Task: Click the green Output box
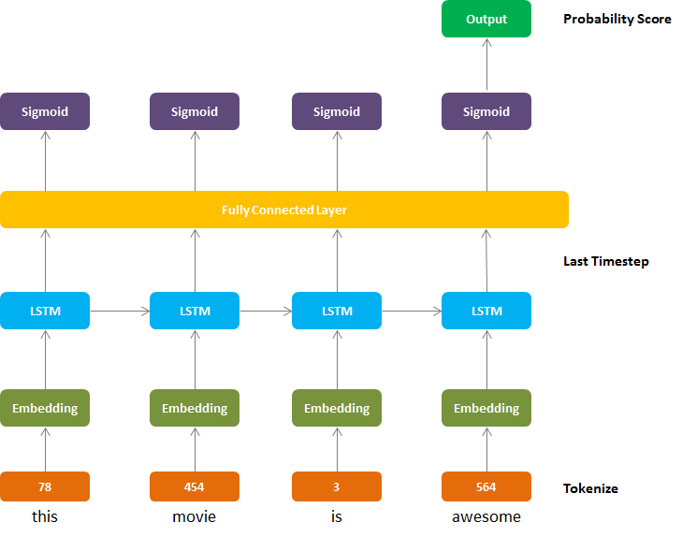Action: (x=486, y=19)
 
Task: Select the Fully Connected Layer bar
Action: (x=284, y=210)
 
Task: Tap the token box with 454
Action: (x=195, y=486)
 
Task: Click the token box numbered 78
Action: (x=45, y=486)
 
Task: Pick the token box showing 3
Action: (x=337, y=486)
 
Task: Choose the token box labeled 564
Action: (x=486, y=486)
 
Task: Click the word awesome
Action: (x=486, y=516)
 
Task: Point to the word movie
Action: (x=194, y=516)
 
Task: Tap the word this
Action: (x=45, y=516)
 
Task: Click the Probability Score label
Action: (x=617, y=19)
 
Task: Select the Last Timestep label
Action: (x=606, y=261)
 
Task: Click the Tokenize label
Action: (x=590, y=488)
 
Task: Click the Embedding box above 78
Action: (x=45, y=408)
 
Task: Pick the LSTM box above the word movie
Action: (x=195, y=311)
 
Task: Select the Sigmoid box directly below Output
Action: (x=486, y=111)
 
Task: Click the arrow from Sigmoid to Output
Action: (x=486, y=65)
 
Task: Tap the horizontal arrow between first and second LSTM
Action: (x=120, y=311)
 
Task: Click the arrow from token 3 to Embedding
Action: (x=337, y=449)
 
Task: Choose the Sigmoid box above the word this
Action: (x=45, y=111)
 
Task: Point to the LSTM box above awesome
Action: (x=486, y=311)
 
